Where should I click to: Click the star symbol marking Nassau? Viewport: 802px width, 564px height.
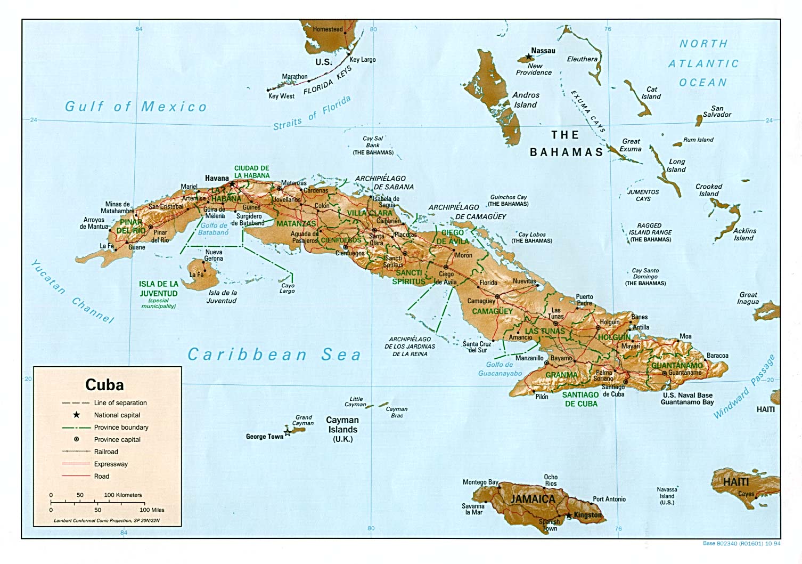528,57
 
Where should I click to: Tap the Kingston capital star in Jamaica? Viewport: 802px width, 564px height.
569,515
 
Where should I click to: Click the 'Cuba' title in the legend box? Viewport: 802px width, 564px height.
104,385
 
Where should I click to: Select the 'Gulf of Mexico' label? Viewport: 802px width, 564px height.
135,107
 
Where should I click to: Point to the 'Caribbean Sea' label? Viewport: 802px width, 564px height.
274,354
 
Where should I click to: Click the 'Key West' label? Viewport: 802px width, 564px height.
281,96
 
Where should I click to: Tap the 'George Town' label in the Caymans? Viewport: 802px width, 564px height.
264,437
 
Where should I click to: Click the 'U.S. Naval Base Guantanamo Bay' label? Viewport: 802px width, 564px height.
687,399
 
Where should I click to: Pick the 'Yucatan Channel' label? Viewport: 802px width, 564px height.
72,292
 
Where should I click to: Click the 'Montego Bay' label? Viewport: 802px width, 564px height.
480,482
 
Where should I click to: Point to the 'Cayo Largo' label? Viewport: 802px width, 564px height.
287,288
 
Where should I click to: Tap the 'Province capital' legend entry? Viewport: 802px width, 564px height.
117,440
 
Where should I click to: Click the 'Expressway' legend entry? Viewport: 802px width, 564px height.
111,464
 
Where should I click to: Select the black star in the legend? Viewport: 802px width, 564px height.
77,415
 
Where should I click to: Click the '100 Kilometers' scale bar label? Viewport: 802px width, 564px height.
123,495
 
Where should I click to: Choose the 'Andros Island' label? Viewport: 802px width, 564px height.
526,100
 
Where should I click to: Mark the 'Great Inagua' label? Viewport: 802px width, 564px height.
748,298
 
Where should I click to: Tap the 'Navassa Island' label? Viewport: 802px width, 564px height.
667,496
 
